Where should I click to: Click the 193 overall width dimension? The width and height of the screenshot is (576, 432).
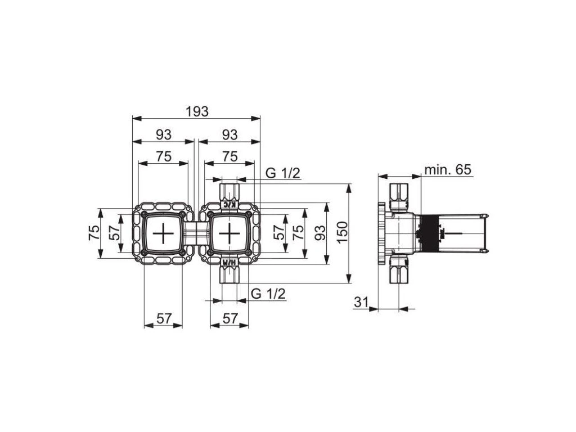[196, 111]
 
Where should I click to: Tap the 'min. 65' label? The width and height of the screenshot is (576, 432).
[448, 169]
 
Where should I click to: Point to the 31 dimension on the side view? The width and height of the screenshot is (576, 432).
[361, 303]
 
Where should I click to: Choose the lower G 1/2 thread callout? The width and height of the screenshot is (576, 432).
[268, 294]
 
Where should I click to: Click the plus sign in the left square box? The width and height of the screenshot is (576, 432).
[163, 232]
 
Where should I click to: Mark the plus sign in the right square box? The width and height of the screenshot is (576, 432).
[229, 232]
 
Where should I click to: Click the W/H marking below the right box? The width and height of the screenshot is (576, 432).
[229, 262]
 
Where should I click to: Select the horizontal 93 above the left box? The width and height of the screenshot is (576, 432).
[163, 134]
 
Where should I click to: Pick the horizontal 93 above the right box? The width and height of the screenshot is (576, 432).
[229, 134]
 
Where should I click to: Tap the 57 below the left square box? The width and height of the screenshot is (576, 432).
[163, 318]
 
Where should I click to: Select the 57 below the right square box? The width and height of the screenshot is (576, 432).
[229, 318]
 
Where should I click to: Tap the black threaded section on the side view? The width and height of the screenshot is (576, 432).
[430, 232]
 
